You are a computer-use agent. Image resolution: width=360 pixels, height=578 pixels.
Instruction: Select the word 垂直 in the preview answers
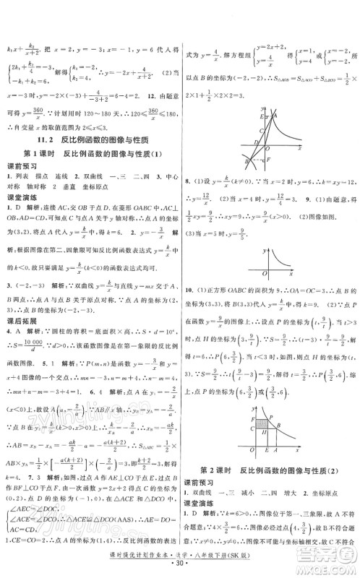pyautogui.click(x=59, y=191)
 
